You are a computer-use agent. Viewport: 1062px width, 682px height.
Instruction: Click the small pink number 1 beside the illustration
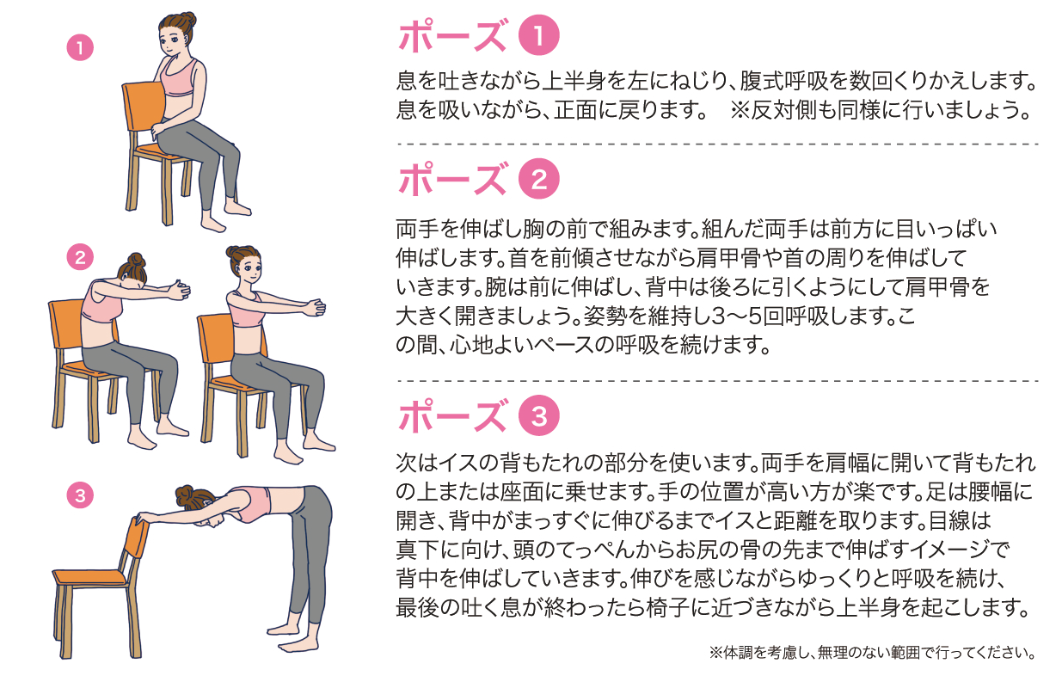pos(80,48)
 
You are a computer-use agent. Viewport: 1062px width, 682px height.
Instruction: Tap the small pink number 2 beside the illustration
pos(80,257)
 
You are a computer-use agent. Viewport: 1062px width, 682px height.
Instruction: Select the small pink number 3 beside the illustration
pos(80,495)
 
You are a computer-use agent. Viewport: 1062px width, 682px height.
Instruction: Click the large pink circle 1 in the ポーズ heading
pos(538,35)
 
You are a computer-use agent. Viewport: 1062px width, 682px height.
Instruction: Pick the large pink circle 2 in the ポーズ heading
pos(538,178)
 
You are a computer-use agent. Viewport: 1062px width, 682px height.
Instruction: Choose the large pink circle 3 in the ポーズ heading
pos(538,415)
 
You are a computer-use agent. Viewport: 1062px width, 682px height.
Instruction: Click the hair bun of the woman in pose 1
pos(187,20)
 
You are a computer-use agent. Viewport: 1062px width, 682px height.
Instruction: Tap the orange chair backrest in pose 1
pos(142,113)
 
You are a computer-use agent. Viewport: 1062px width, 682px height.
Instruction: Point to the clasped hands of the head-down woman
pos(179,290)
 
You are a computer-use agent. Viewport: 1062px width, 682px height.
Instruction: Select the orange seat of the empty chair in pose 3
pos(90,577)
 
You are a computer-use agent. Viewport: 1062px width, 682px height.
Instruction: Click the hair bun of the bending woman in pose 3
pos(184,495)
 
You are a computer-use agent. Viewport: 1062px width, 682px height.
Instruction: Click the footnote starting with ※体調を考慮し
pos(872,653)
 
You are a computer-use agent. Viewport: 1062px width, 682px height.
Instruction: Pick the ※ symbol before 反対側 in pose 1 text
pos(740,110)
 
